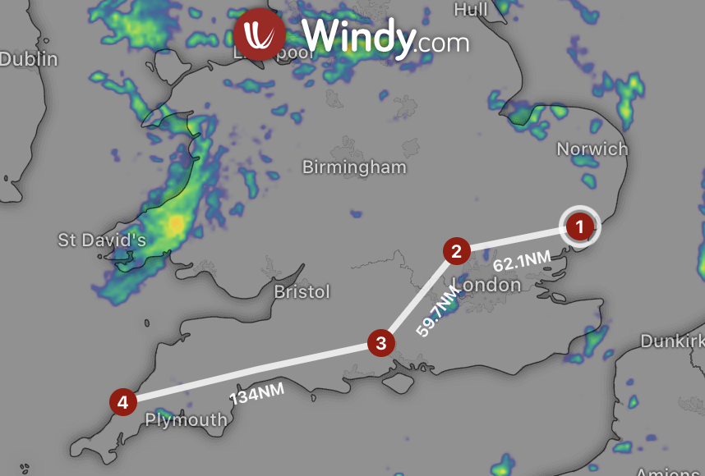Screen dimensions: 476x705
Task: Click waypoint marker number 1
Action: pyautogui.click(x=579, y=227)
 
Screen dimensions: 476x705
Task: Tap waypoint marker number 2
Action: pyautogui.click(x=457, y=250)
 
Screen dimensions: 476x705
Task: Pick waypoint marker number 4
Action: pyautogui.click(x=122, y=402)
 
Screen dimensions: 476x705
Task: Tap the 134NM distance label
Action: pyautogui.click(x=256, y=394)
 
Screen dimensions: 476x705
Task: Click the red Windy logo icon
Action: pyautogui.click(x=260, y=34)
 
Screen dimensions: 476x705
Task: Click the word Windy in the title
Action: pyautogui.click(x=357, y=36)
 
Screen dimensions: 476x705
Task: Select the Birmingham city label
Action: pyautogui.click(x=354, y=167)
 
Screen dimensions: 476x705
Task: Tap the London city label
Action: pyautogui.click(x=493, y=285)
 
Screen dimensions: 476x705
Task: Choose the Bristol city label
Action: pyautogui.click(x=302, y=292)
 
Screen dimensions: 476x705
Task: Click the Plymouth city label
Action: pyautogui.click(x=186, y=420)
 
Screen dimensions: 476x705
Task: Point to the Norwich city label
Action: pyautogui.click(x=592, y=149)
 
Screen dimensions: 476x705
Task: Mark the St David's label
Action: pyautogui.click(x=102, y=240)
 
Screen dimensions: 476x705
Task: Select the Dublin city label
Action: pyautogui.click(x=30, y=59)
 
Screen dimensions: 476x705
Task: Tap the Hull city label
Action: pyautogui.click(x=470, y=9)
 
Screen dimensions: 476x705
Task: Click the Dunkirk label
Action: pyautogui.click(x=672, y=341)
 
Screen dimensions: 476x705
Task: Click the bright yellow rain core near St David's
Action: pyautogui.click(x=176, y=223)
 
